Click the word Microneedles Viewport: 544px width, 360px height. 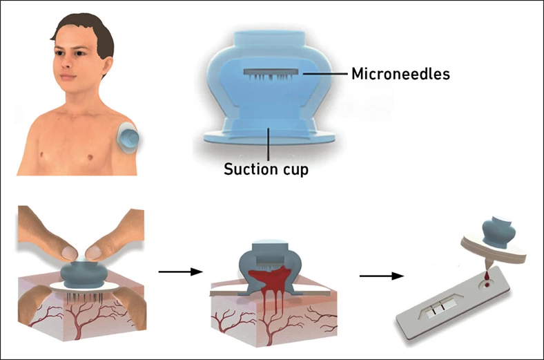click(400, 73)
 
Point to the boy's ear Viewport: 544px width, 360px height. click(98, 61)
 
